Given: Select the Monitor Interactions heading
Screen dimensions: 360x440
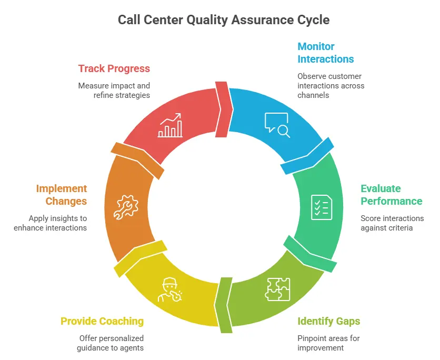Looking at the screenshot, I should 325,53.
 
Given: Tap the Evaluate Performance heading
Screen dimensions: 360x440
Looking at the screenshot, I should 391,195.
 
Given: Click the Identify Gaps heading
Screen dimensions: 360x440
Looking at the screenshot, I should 328,321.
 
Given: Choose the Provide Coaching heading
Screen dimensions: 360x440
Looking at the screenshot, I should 102,321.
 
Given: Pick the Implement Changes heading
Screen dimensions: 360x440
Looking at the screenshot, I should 62,195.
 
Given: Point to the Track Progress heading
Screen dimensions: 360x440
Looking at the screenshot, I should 114,68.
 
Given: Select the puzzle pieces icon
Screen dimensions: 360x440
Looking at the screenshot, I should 277,288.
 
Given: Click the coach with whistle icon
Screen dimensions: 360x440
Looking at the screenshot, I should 170,289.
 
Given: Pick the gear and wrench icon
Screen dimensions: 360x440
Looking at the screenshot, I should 126,207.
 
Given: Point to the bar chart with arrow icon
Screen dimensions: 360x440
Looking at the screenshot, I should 171,125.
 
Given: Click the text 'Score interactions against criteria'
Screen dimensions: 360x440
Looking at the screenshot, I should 392,223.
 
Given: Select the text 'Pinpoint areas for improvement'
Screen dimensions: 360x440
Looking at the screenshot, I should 328,343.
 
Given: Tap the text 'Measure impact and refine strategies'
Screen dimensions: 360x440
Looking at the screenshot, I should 114,90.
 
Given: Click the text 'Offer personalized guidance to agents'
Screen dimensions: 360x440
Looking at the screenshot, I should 111,343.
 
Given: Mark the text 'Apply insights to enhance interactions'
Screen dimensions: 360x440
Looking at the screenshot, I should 58,223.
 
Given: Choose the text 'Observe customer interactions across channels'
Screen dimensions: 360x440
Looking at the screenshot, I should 331,86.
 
